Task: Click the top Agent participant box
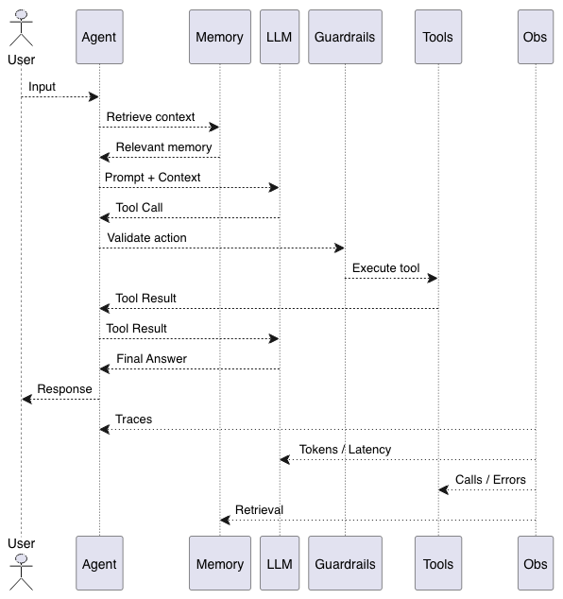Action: coord(99,37)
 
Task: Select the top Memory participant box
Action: coord(220,37)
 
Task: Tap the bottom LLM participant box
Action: coord(280,563)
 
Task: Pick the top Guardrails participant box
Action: coord(346,37)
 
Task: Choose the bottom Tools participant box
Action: coord(438,563)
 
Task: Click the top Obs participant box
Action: coord(536,37)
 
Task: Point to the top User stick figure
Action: coord(22,28)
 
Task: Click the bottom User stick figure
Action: coord(22,573)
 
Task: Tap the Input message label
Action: coord(42,87)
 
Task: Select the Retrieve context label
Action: coord(150,117)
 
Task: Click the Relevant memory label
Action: coord(163,147)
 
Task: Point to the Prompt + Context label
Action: coord(152,178)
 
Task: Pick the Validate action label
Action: coord(146,237)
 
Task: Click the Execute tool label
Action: coord(385,267)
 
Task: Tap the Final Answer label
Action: coord(152,359)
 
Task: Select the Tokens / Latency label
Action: coord(345,450)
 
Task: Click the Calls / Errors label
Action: coord(490,479)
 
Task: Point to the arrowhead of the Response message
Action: coord(26,400)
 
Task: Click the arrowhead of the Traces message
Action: coord(104,429)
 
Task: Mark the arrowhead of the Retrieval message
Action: coord(225,520)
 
